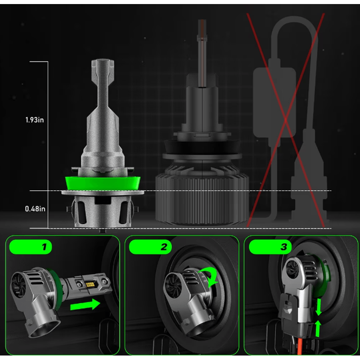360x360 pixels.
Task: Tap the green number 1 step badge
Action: coord(30,247)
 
